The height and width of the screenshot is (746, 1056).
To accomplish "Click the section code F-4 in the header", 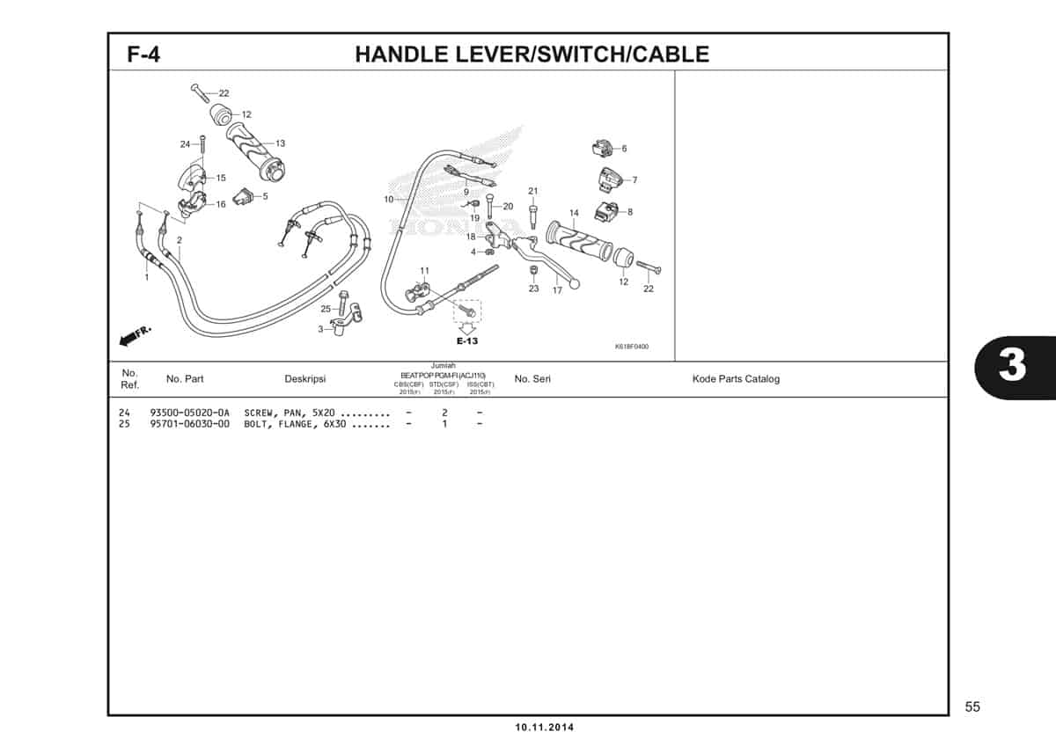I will (143, 55).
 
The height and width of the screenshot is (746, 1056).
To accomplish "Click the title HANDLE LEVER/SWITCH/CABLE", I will (532, 55).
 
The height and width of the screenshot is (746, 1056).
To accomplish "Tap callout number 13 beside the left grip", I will (280, 143).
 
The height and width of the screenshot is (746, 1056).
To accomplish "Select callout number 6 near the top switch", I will (624, 149).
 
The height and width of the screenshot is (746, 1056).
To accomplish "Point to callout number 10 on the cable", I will (388, 200).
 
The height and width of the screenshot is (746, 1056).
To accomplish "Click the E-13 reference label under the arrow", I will (466, 341).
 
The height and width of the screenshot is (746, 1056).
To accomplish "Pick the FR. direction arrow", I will (134, 335).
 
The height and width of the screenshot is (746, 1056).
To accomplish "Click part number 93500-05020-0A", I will (189, 413).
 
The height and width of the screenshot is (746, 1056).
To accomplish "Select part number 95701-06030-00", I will (189, 424).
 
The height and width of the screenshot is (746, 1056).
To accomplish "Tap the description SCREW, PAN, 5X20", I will (290, 413).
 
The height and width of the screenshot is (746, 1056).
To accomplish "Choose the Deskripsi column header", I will (305, 379).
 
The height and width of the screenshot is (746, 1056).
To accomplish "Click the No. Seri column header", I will (532, 379).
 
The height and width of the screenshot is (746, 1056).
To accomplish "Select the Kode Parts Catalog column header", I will (736, 379).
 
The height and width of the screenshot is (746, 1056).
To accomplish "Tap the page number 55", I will (972, 706).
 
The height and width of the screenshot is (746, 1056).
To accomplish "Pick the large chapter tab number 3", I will (1012, 365).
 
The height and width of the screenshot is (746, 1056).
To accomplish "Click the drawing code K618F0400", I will (631, 347).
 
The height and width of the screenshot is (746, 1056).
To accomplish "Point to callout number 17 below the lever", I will (557, 290).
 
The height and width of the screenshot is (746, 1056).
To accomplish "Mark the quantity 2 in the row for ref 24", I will (444, 413).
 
